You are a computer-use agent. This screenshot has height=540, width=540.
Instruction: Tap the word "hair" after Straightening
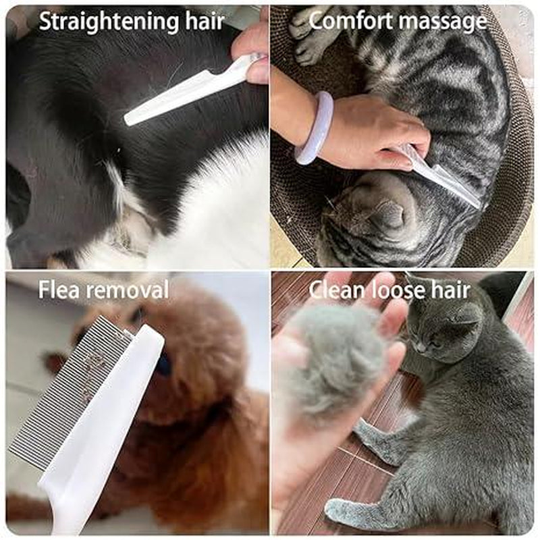click(202, 22)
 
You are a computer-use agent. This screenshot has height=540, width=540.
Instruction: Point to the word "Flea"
click(61, 290)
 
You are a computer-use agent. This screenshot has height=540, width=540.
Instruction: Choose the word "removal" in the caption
click(128, 290)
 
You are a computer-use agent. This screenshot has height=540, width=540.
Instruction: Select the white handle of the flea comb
click(101, 439)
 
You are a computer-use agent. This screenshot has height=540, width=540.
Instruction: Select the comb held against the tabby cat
click(439, 175)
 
